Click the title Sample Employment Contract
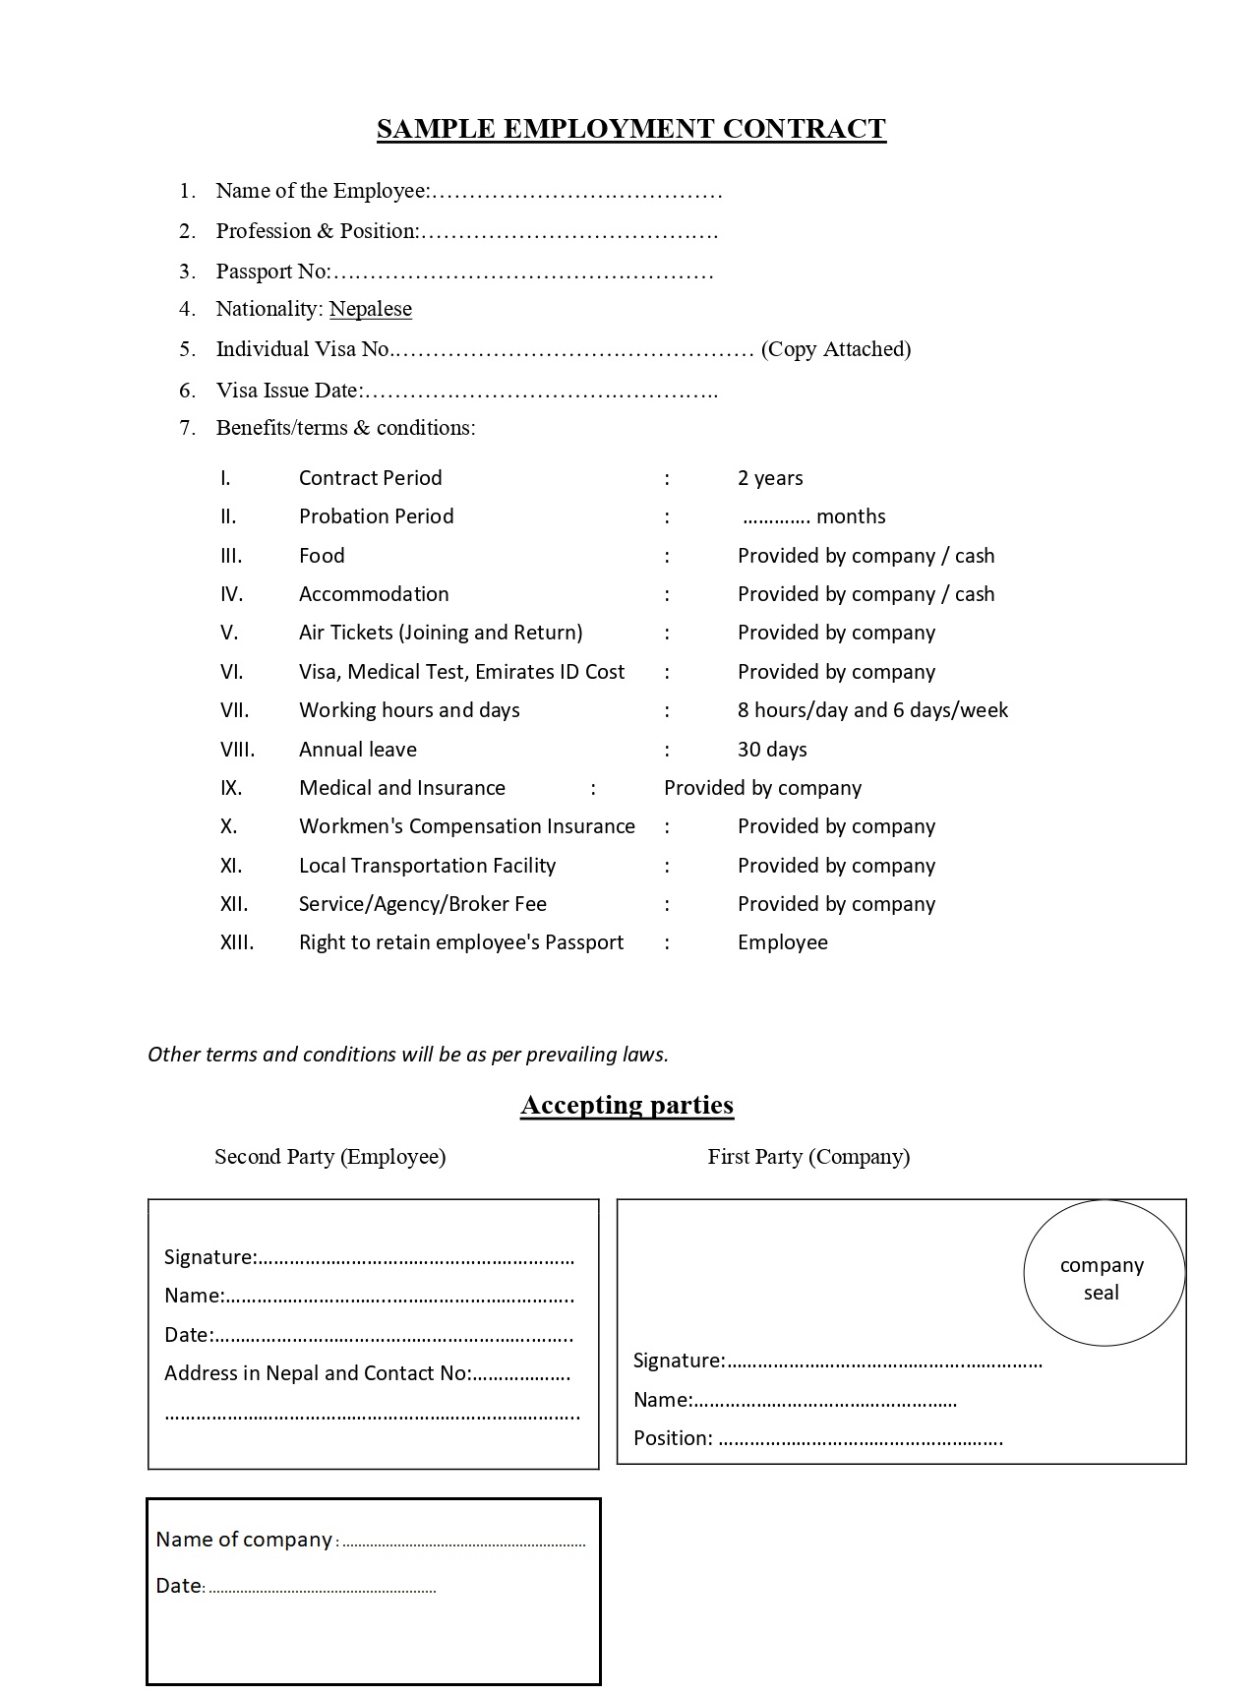click(x=630, y=129)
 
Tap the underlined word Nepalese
click(x=370, y=309)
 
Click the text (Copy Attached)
click(x=835, y=349)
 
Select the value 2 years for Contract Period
click(x=769, y=478)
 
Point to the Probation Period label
click(x=376, y=516)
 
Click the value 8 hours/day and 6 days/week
click(x=872, y=710)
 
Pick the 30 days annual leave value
click(x=772, y=750)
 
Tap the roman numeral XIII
click(x=237, y=942)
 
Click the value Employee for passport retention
click(x=782, y=942)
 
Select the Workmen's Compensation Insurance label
click(x=466, y=826)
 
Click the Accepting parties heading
click(x=627, y=1105)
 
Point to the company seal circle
click(x=1103, y=1274)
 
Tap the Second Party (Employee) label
click(x=329, y=1157)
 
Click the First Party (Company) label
click(x=808, y=1157)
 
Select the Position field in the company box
click(x=816, y=1439)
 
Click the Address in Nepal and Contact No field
click(x=366, y=1374)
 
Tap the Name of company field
click(x=369, y=1541)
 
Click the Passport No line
click(x=464, y=272)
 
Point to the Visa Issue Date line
click(x=466, y=391)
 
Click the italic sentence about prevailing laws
click(x=407, y=1055)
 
